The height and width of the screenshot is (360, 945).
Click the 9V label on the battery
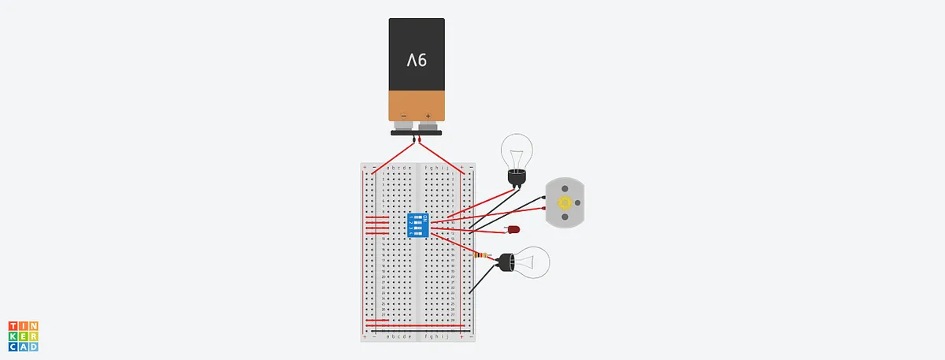pos(417,60)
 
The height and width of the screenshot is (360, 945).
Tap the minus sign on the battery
pos(403,115)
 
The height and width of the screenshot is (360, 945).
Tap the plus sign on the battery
pos(428,115)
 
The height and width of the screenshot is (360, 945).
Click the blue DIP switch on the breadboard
pos(416,225)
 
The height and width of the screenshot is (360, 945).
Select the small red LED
pos(513,230)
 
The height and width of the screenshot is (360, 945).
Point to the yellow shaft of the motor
pos(565,202)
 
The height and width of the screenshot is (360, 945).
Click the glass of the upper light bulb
pos(517,150)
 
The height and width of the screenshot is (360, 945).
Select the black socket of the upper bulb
pos(516,180)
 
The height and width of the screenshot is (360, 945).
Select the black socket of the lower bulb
pos(504,263)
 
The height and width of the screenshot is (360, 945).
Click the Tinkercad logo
pos(24,336)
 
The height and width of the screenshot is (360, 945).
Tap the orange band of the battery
pos(417,102)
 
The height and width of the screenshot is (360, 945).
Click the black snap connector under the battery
pos(417,133)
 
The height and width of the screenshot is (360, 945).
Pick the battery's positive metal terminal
pos(428,125)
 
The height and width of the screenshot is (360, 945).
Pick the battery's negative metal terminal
pos(403,125)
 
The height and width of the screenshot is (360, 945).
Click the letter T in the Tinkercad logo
pos(13,325)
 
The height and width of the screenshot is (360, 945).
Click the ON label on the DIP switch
pos(425,217)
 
